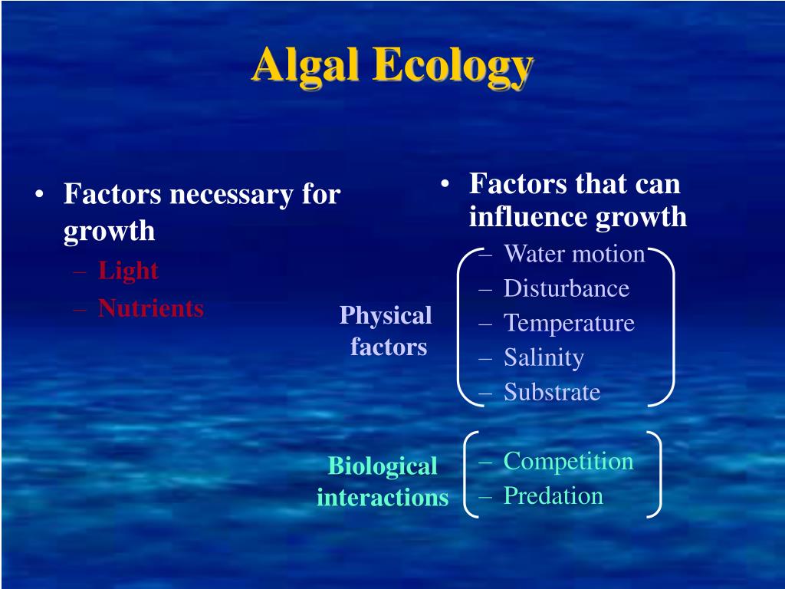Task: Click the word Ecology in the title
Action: tap(453, 67)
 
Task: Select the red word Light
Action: tap(128, 271)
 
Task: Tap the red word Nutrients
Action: tap(151, 308)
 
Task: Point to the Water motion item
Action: tap(574, 253)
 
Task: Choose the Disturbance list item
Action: tap(567, 288)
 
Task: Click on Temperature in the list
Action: tap(570, 323)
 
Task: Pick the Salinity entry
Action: tap(544, 357)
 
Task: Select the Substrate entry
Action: tap(552, 392)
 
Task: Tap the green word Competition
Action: tap(568, 461)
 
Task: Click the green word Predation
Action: tap(553, 496)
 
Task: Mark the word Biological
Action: tap(383, 467)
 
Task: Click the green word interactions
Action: tap(383, 497)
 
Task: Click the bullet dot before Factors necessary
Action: tap(40, 194)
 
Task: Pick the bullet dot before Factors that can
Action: tap(445, 184)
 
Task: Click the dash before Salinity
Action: tap(484, 359)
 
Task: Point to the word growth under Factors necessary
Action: tap(109, 232)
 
